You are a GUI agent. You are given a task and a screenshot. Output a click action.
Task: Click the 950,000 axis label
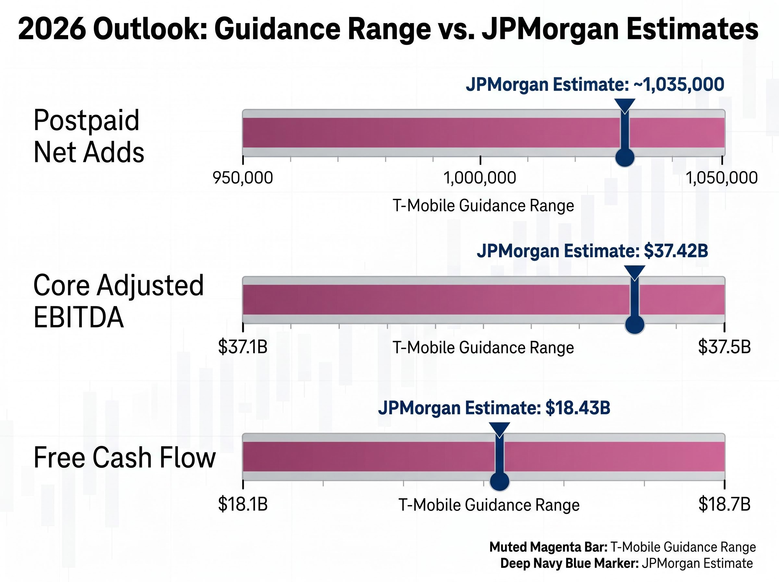pyautogui.click(x=243, y=178)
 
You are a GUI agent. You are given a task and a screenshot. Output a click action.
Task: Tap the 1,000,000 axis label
pyautogui.click(x=479, y=178)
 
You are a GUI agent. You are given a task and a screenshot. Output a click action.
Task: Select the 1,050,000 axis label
pyautogui.click(x=722, y=178)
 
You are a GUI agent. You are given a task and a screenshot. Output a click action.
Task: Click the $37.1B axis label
pyautogui.click(x=243, y=347)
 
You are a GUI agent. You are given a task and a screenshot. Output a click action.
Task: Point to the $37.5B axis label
pyautogui.click(x=724, y=347)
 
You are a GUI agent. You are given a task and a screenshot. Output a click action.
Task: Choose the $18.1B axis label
pyautogui.click(x=243, y=504)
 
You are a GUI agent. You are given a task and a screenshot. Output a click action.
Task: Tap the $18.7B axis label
pyautogui.click(x=724, y=504)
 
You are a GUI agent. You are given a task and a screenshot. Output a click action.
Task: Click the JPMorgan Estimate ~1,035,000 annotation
pyautogui.click(x=595, y=84)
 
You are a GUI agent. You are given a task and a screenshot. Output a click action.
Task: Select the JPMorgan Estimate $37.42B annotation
pyautogui.click(x=592, y=251)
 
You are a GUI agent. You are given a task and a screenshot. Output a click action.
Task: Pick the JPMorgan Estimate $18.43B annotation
pyautogui.click(x=494, y=408)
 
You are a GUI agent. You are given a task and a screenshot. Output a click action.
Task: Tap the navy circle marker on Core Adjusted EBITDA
pyautogui.click(x=635, y=324)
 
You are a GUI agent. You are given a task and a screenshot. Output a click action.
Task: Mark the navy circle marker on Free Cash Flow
pyautogui.click(x=500, y=481)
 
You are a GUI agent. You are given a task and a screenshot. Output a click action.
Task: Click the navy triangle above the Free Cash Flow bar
pyautogui.click(x=500, y=429)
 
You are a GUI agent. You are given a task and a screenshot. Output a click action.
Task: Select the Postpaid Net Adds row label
pyautogui.click(x=89, y=136)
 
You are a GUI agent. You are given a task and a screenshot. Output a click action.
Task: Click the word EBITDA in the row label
pyautogui.click(x=79, y=317)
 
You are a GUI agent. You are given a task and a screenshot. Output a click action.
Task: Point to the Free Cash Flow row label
pyautogui.click(x=124, y=458)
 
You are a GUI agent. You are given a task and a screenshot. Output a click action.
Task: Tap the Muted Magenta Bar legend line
pyautogui.click(x=622, y=547)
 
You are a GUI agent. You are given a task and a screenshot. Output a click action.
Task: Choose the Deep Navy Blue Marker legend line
pyautogui.click(x=626, y=563)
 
